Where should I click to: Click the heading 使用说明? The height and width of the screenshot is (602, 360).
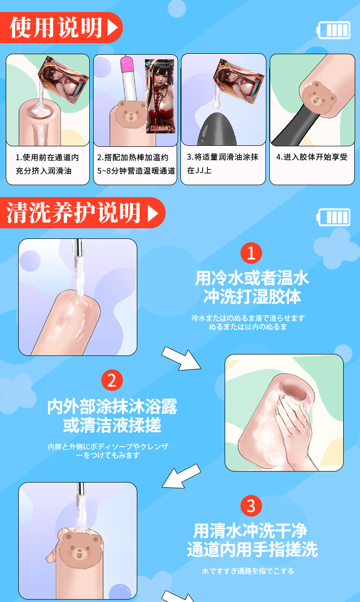pyautogui.click(x=56, y=27)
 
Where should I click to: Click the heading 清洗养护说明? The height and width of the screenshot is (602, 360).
pyautogui.click(x=73, y=212)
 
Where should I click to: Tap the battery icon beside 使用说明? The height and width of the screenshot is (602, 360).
pyautogui.click(x=334, y=30)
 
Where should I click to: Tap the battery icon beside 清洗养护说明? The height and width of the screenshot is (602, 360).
pyautogui.click(x=334, y=217)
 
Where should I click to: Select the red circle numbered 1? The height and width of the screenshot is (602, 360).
pyautogui.click(x=251, y=253)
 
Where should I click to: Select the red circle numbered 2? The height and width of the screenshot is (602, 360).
pyautogui.click(x=112, y=380)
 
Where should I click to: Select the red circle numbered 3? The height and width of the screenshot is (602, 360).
pyautogui.click(x=251, y=506)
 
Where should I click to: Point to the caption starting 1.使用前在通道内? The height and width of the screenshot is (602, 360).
pyautogui.click(x=47, y=164)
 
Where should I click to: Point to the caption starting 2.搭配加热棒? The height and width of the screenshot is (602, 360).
pyautogui.click(x=136, y=164)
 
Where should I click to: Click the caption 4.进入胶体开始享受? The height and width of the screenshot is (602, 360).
pyautogui.click(x=312, y=157)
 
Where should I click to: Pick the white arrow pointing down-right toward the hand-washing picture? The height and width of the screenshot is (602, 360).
pyautogui.click(x=181, y=358)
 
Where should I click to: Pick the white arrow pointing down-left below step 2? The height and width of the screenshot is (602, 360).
pyautogui.click(x=181, y=476)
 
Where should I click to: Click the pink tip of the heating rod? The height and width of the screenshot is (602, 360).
pyautogui.click(x=125, y=64)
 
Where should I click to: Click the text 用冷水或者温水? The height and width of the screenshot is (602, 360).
pyautogui.click(x=252, y=278)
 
